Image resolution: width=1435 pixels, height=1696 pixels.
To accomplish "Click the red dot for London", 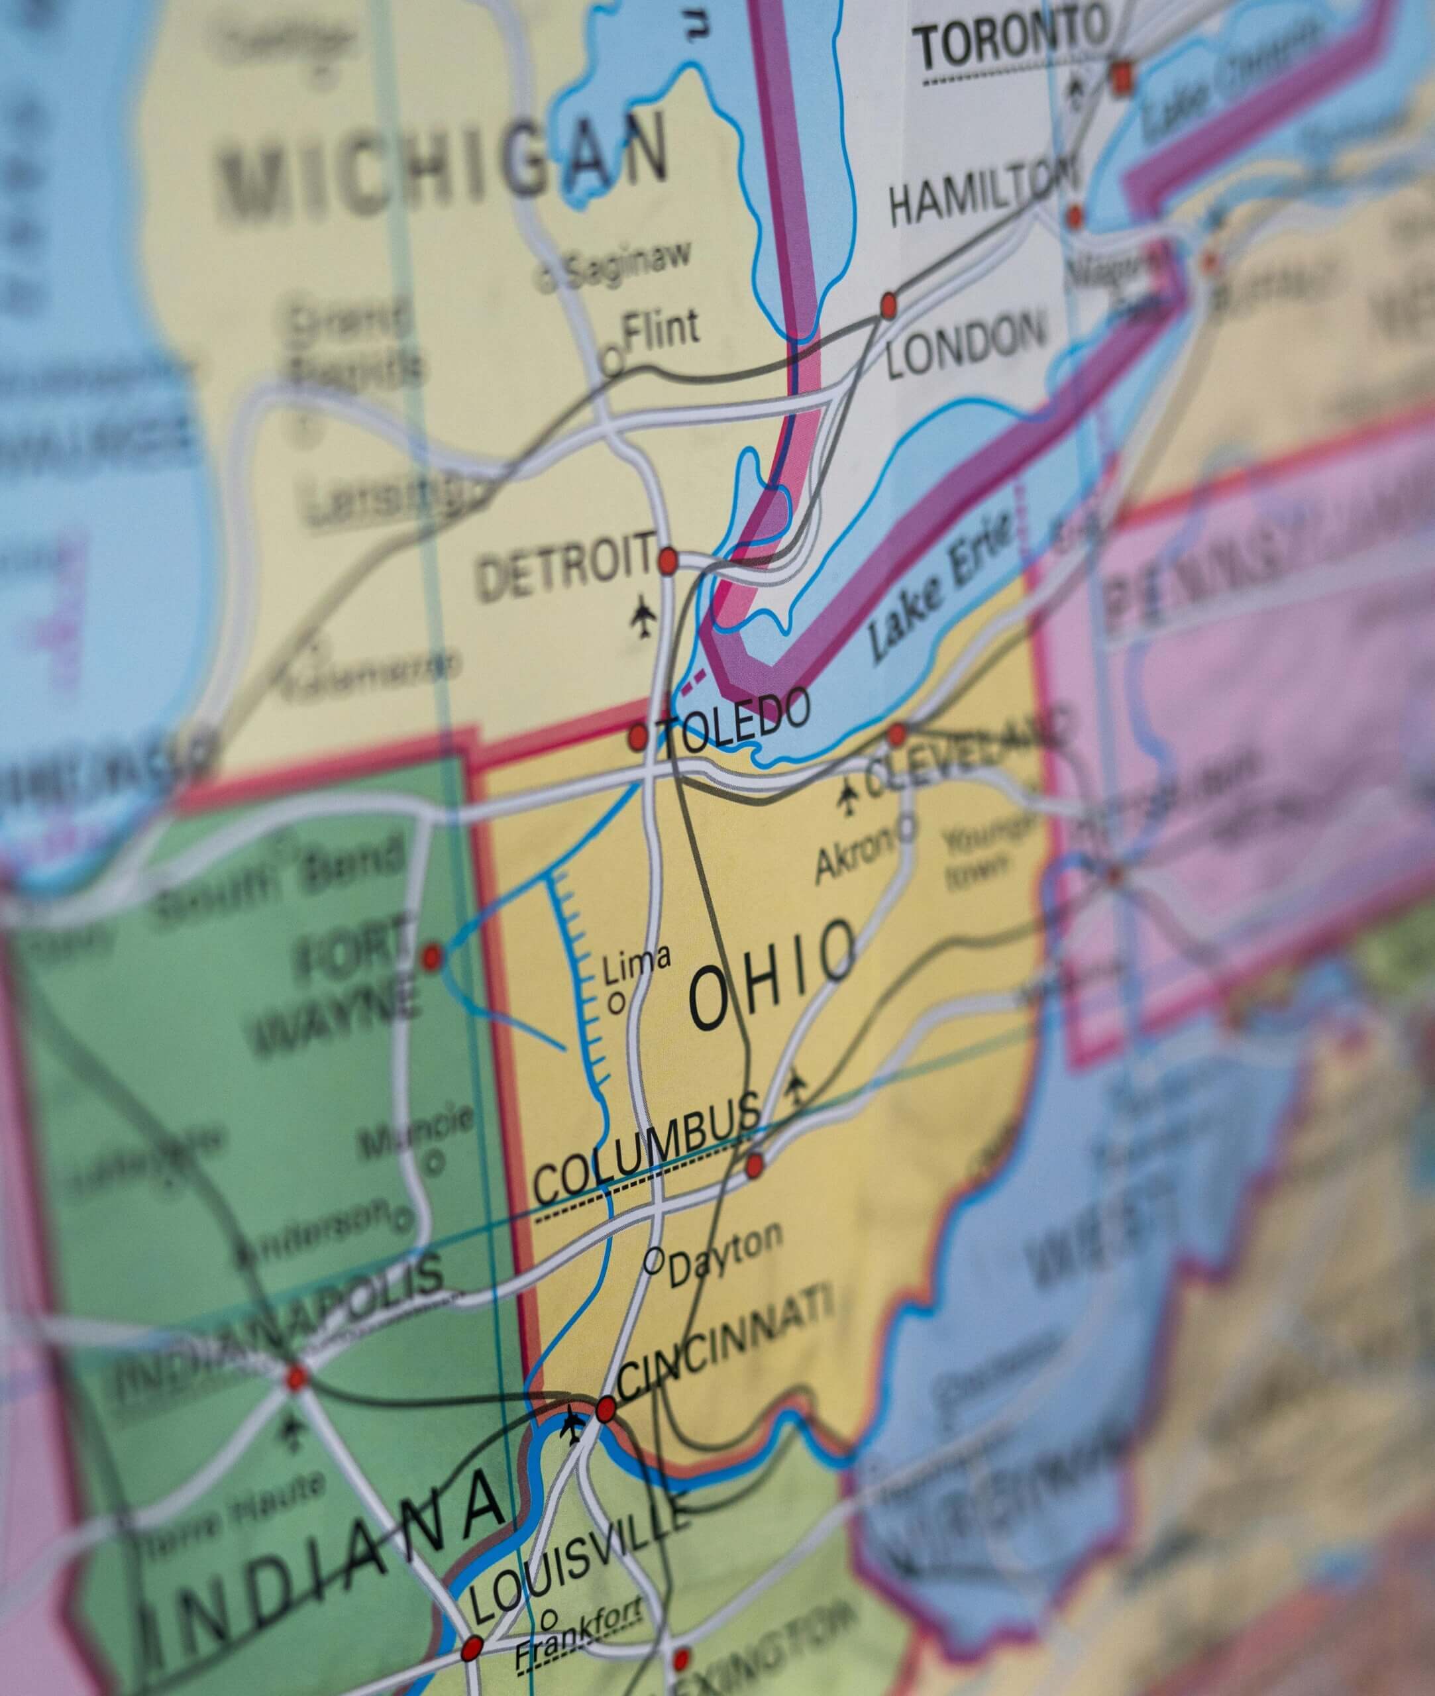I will pos(888,306).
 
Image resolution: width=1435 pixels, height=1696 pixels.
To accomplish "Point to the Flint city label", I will pos(660,329).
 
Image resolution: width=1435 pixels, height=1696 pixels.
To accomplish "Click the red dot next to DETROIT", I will pos(667,560).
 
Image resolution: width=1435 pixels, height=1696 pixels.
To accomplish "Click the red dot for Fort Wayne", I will pos(432,957).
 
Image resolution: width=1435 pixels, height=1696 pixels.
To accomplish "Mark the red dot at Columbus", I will pos(755,1165).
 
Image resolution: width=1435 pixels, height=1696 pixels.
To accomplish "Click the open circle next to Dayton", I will pos(653,1260).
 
